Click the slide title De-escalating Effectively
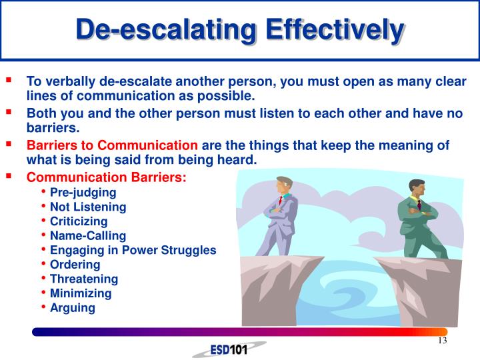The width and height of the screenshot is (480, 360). (239, 29)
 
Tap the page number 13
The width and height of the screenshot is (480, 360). (441, 341)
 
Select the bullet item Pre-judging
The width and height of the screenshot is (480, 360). (83, 192)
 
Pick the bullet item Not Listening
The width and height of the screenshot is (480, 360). (88, 207)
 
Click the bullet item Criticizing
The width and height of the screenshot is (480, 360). (79, 221)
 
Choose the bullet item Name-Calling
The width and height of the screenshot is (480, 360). (87, 235)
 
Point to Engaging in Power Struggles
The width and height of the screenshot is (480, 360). (133, 250)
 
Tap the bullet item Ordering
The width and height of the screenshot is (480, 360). (75, 265)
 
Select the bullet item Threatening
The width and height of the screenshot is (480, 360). (84, 279)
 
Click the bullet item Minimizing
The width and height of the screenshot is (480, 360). (81, 293)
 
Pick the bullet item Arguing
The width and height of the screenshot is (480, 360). (73, 308)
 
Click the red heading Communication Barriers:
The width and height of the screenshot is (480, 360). (107, 177)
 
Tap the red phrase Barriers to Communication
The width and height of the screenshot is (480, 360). (112, 145)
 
